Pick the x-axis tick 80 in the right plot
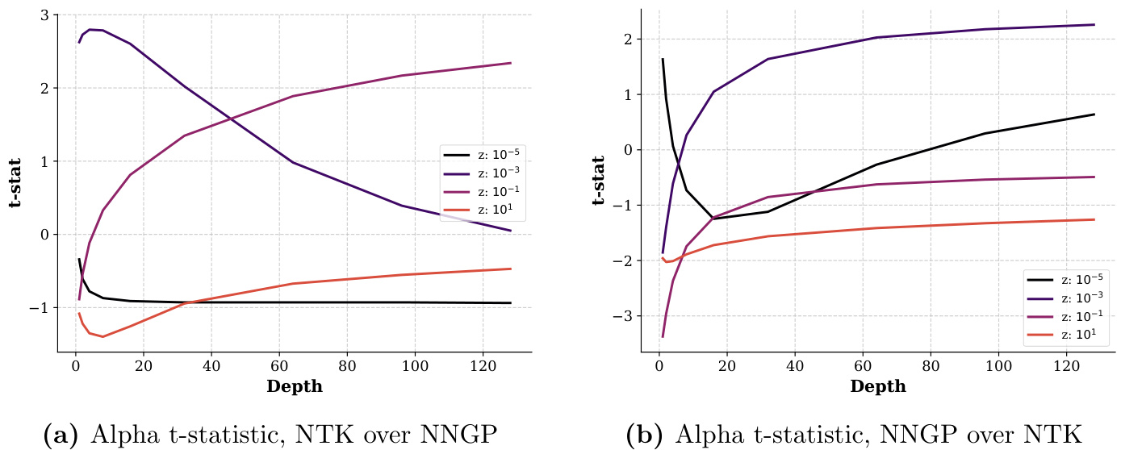pos(931,365)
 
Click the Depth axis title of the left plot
pos(295,386)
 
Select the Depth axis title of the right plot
pos(878,386)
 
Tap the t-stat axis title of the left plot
pos(15,183)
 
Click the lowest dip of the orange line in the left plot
pos(102,336)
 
